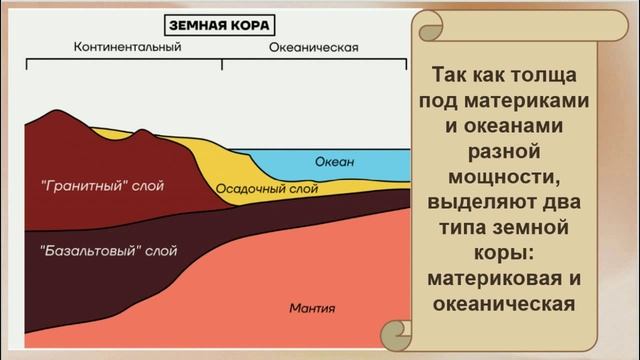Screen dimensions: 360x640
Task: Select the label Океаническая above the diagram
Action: click(x=315, y=47)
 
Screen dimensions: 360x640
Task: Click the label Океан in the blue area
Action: click(x=335, y=161)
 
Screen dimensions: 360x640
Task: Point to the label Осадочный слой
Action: click(x=267, y=187)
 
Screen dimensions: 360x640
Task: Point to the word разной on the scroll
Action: click(x=510, y=152)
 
